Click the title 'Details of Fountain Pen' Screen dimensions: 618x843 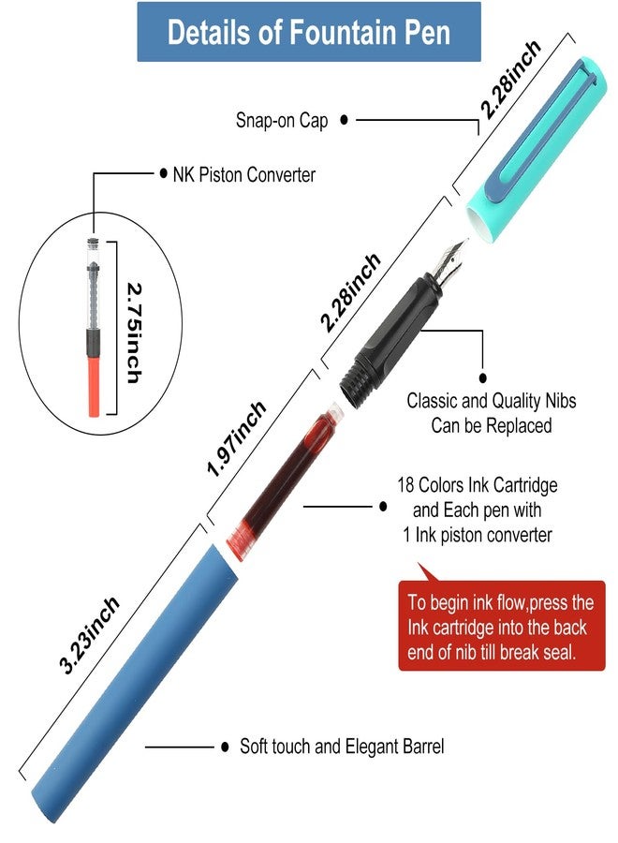click(x=308, y=32)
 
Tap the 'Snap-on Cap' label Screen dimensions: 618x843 click(x=282, y=120)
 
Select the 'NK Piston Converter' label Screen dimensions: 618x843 click(x=244, y=175)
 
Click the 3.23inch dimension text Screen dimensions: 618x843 click(x=89, y=635)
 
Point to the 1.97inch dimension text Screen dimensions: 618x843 click(x=237, y=438)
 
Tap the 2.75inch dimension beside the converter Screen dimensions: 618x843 click(x=134, y=333)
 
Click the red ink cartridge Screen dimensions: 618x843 click(x=284, y=481)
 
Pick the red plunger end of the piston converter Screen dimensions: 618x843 click(x=94, y=387)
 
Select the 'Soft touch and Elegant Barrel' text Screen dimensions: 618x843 click(x=342, y=747)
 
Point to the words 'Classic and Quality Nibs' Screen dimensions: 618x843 click(x=492, y=401)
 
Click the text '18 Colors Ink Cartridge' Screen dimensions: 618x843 click(x=478, y=485)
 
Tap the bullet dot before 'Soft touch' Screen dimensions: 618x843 click(x=225, y=747)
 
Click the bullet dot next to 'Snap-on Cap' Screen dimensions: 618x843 click(x=344, y=120)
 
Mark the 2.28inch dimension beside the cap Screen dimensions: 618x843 click(x=509, y=80)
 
